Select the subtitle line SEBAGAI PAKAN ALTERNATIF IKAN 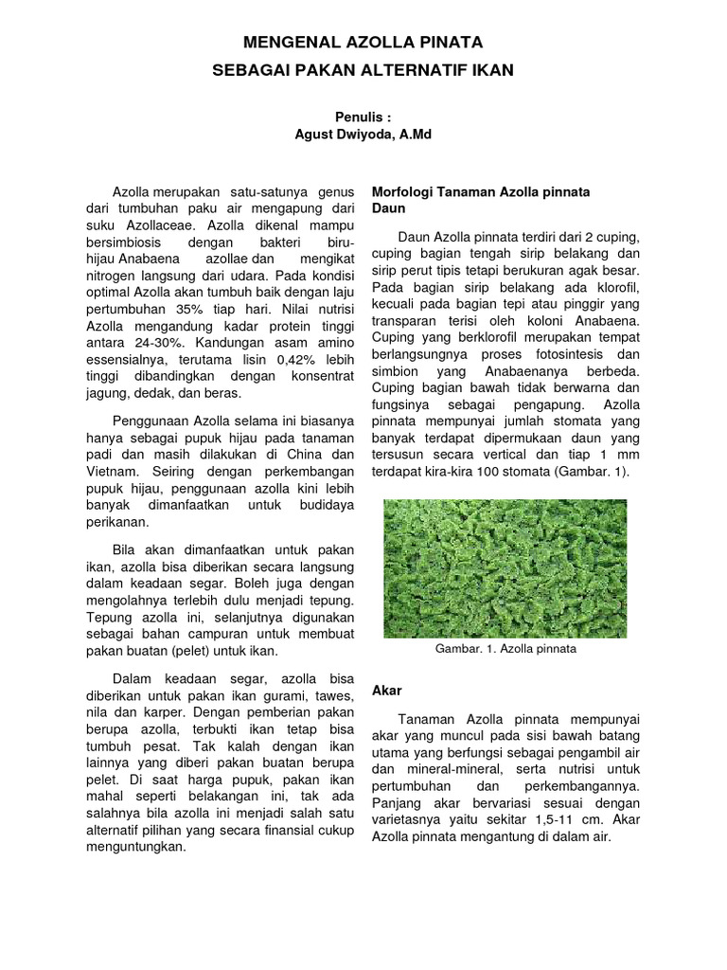(363, 70)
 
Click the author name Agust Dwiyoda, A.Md (363, 135)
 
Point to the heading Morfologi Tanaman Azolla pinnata (481, 191)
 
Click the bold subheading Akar (386, 690)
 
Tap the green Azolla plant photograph (505, 568)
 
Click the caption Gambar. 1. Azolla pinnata (505, 650)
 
